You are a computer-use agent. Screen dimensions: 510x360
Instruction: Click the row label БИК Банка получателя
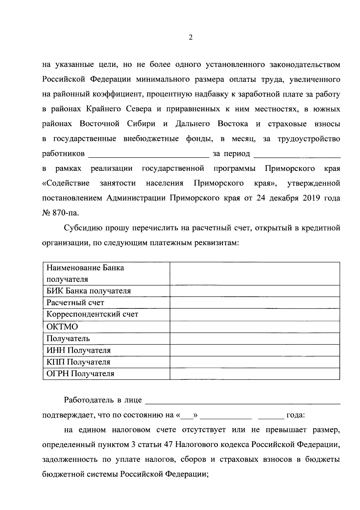pos(88,291)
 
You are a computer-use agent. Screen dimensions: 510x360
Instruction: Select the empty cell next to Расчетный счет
pos(255,303)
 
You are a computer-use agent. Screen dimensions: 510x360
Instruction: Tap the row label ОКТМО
pos(62,326)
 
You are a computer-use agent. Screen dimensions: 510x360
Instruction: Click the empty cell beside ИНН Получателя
pos(255,350)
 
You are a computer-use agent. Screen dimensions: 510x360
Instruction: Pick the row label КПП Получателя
pos(78,362)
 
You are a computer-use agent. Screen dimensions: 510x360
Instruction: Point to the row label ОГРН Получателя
pos(80,374)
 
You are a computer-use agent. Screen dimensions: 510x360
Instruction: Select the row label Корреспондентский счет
pos(92,314)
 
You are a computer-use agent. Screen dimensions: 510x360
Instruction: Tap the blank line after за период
pos(297,155)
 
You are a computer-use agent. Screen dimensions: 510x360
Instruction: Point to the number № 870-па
pos(61,213)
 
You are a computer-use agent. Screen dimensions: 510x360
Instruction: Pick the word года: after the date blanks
pos(296,415)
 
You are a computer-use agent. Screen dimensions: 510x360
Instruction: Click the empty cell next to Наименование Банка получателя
pos(255,274)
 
